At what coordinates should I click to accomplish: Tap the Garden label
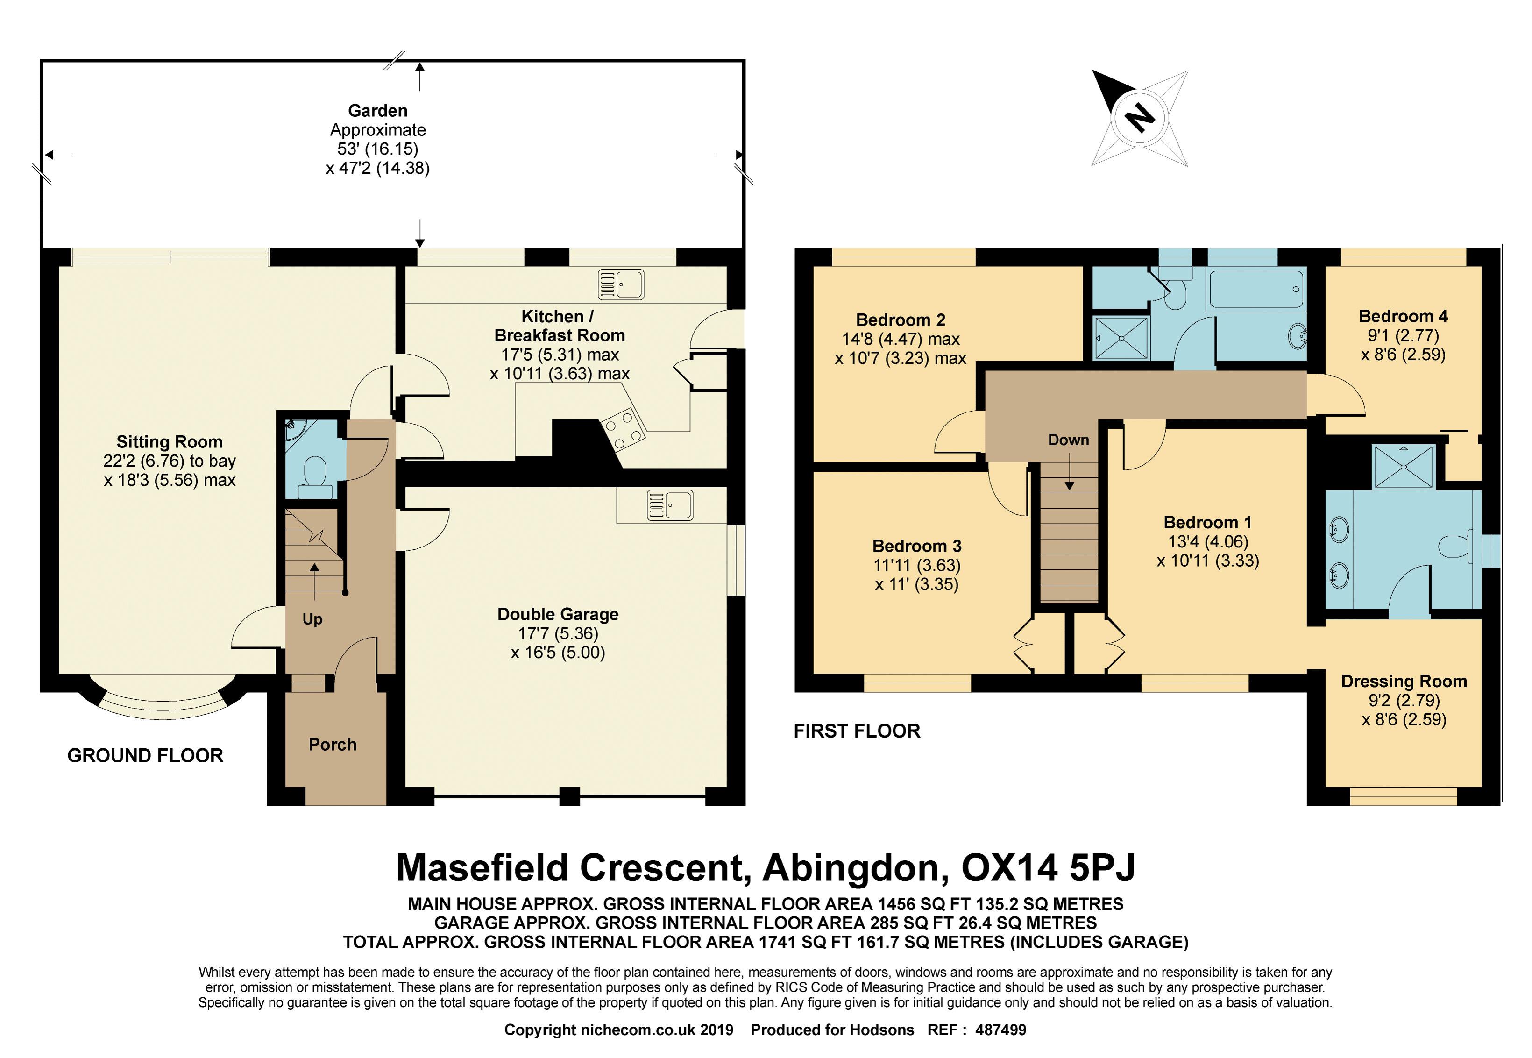pos(378,111)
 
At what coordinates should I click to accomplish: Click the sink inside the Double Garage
pos(670,505)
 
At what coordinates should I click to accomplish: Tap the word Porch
pos(333,745)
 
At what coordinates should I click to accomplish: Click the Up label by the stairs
pos(312,619)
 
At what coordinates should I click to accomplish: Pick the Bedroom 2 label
pos(900,320)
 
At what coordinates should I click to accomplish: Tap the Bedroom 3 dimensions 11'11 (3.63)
pos(917,566)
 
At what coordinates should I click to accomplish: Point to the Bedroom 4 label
pos(1403,316)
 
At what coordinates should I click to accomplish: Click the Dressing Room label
pos(1404,682)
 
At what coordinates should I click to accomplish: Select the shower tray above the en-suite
pos(1404,468)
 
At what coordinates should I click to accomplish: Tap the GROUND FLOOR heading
pos(145,756)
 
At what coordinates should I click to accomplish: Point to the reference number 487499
pos(1000,1030)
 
